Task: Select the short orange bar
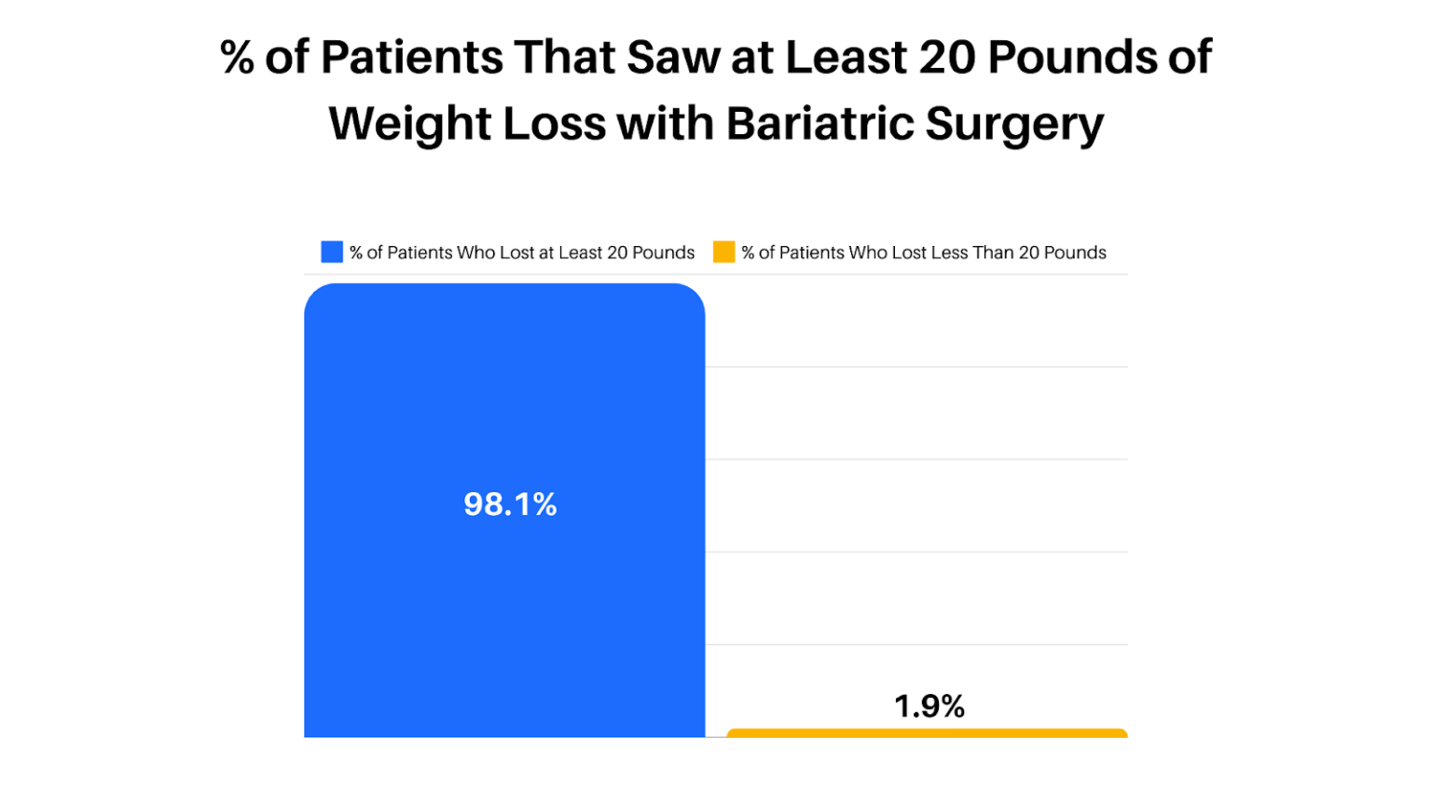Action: pos(927,733)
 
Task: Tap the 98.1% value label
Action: pos(510,504)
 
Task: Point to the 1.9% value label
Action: pos(929,706)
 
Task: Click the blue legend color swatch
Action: pos(332,252)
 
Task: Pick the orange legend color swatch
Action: pos(723,252)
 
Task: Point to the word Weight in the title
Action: pos(409,124)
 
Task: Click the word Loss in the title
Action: pos(554,124)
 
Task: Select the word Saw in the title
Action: pos(672,58)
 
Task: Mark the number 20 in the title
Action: pos(947,58)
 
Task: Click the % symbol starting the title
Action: pos(237,58)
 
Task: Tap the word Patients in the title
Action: pos(411,58)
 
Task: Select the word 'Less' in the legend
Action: pos(950,252)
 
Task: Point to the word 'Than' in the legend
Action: pos(993,252)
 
